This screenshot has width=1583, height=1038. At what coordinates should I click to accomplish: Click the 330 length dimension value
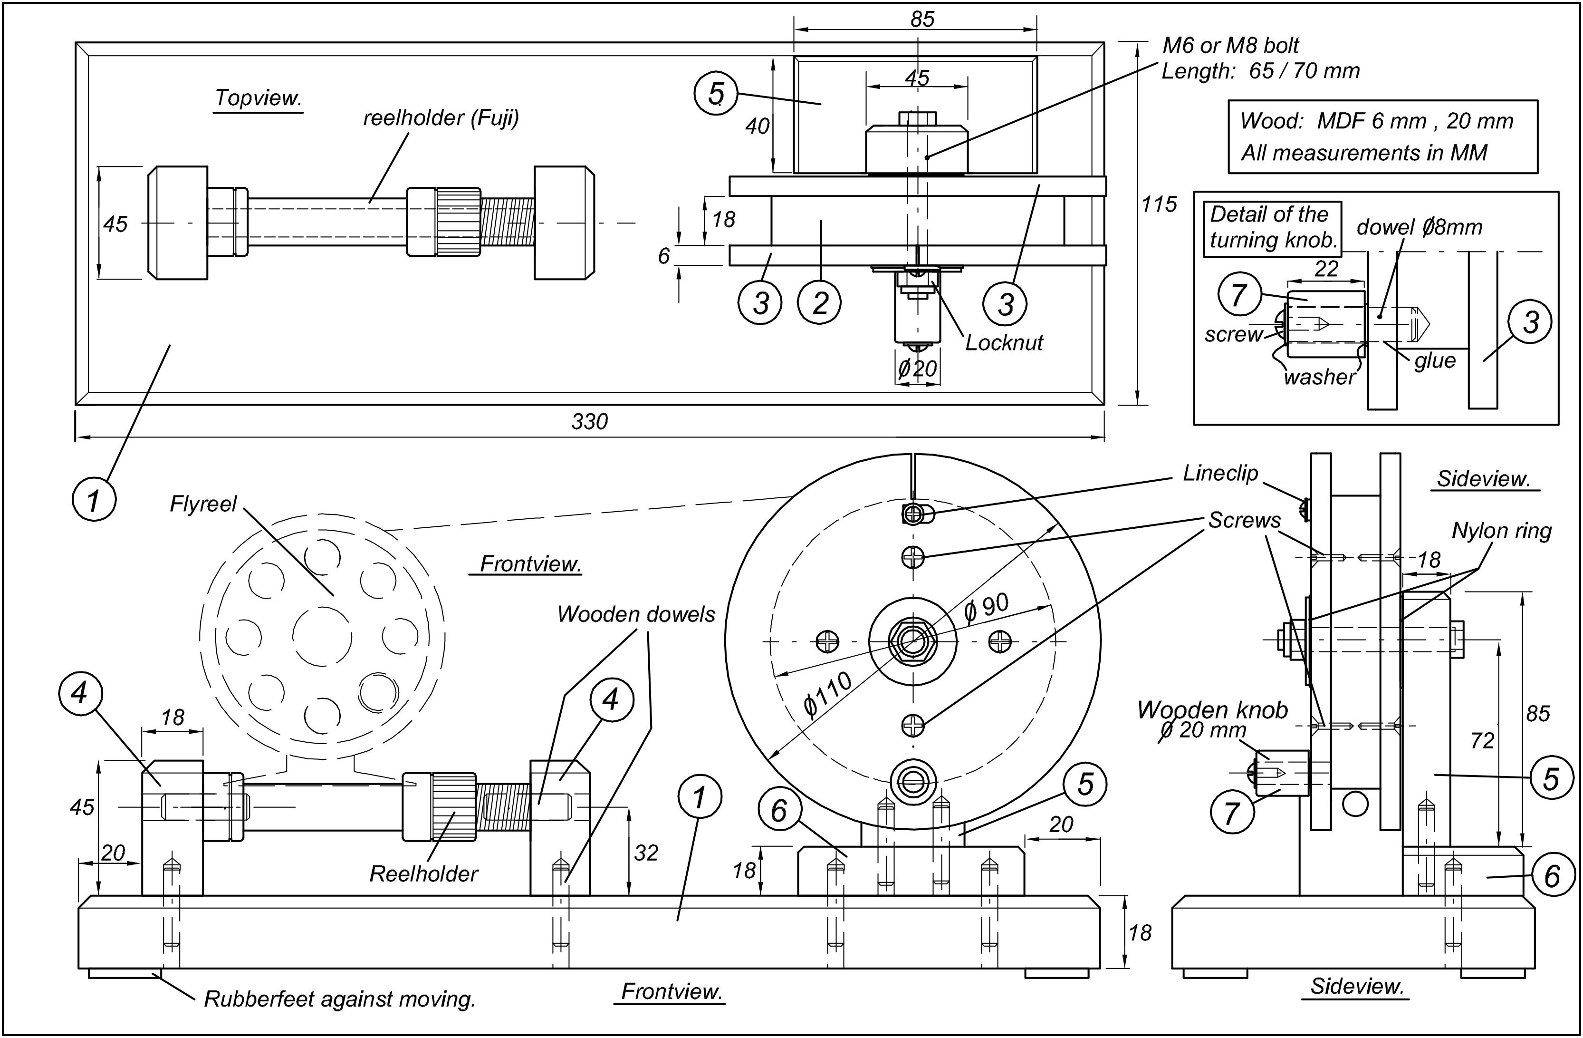coord(589,422)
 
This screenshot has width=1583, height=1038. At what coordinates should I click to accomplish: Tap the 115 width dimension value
coord(1159,204)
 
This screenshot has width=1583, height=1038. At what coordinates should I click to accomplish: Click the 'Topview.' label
coord(258,98)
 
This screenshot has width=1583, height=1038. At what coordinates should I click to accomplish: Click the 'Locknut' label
coord(1004,343)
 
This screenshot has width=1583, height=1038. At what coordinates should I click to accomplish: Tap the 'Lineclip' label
coord(1220,473)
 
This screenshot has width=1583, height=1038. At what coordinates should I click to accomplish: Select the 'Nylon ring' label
coord(1501,531)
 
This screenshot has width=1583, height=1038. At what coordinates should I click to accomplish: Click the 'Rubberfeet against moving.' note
coord(339,999)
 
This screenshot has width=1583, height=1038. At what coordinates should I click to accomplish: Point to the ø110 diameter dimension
coord(827,694)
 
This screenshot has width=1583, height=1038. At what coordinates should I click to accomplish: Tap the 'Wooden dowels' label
coord(636,614)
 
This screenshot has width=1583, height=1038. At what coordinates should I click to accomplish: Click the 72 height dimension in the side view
coord(1483,740)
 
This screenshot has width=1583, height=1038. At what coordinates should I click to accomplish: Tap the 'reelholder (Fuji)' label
coord(441,118)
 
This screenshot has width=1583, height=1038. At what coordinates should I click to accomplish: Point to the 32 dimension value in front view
coord(646,853)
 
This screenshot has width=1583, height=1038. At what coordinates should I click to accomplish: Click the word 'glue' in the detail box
coord(1435,360)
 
